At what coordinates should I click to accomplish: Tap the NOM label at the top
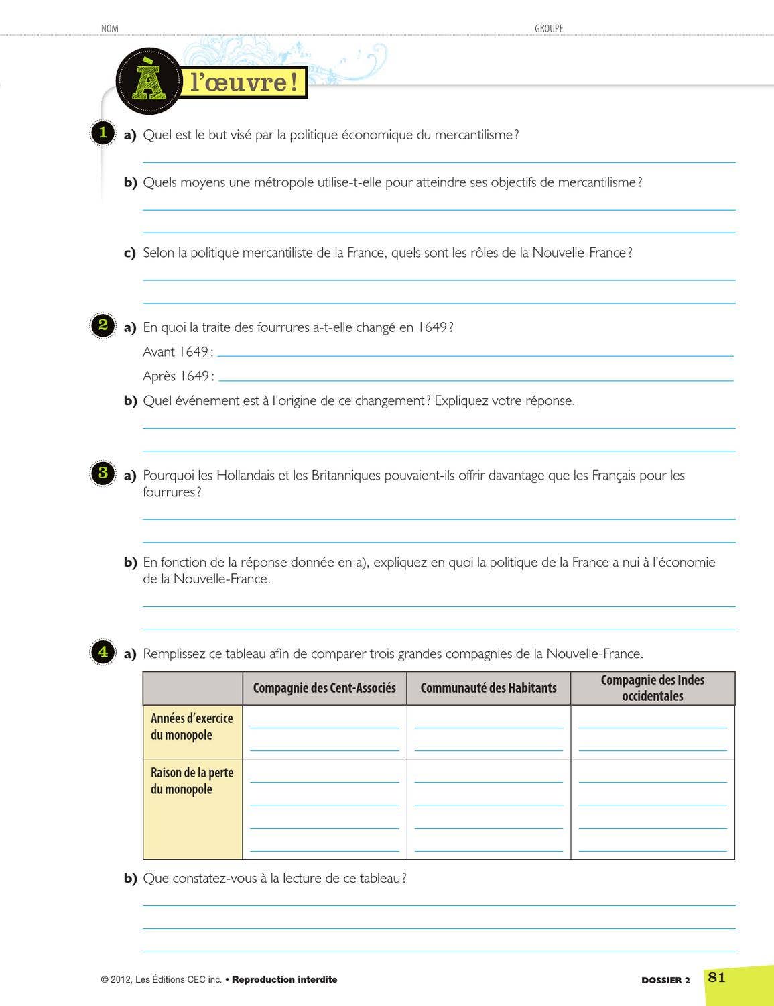point(109,28)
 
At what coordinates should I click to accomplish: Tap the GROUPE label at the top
point(549,28)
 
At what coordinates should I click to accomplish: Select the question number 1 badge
point(103,132)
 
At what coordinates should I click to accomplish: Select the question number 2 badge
point(103,325)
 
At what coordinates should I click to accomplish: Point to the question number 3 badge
point(103,472)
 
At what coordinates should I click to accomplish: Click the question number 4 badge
point(103,651)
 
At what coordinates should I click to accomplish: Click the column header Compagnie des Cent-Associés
point(324,688)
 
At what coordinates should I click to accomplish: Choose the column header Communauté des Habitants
point(489,688)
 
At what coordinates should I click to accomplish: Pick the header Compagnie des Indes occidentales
point(652,688)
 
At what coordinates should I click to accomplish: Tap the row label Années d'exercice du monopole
point(192,726)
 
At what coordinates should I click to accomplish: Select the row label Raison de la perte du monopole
point(192,781)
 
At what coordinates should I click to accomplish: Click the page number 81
point(716,977)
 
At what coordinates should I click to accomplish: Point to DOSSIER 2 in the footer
point(665,980)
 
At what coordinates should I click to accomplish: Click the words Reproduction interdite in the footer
point(285,979)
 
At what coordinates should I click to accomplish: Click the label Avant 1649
point(178,352)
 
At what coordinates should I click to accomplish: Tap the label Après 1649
point(178,376)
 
